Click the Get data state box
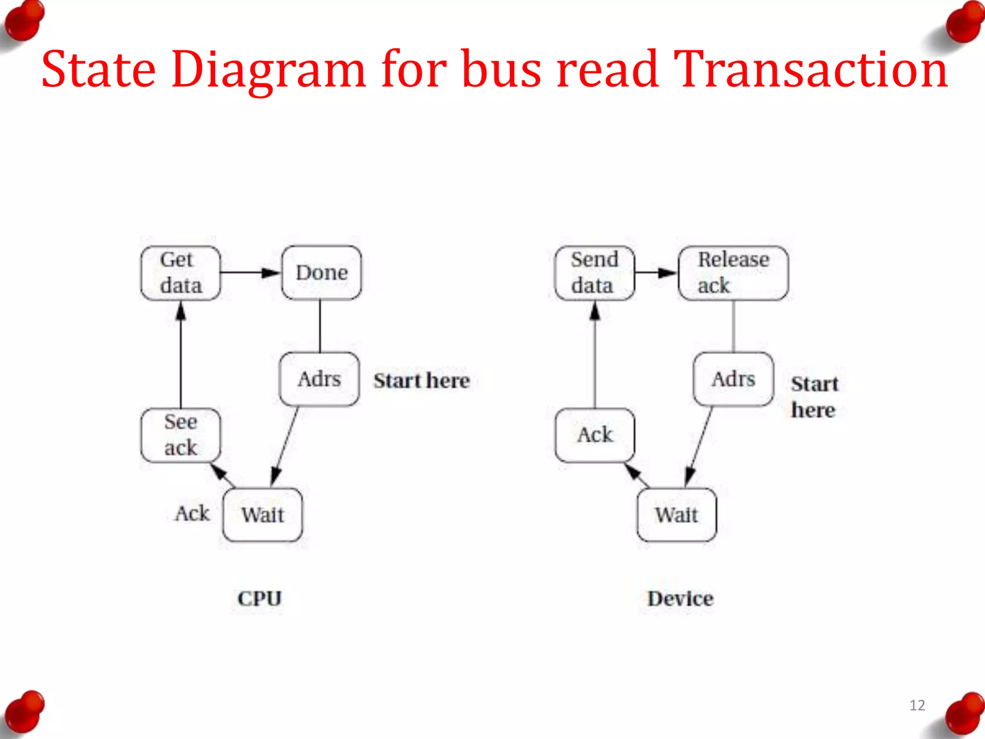(x=181, y=273)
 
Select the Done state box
(x=321, y=273)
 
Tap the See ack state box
(x=181, y=435)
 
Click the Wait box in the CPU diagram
(x=263, y=515)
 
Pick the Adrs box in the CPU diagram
(x=319, y=379)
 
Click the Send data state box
(x=594, y=273)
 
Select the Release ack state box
(x=733, y=273)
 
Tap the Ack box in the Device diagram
(x=595, y=435)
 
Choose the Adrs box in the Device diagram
(x=733, y=379)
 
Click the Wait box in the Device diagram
(x=677, y=515)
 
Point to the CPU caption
(x=260, y=599)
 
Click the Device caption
(x=681, y=599)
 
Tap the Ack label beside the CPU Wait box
(x=192, y=513)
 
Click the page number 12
(x=917, y=705)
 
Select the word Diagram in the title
(x=268, y=70)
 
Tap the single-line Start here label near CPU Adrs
(x=422, y=381)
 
